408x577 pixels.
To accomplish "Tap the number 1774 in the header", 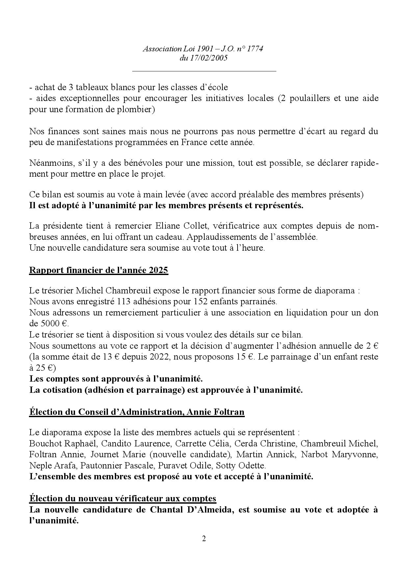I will pyautogui.click(x=255, y=49).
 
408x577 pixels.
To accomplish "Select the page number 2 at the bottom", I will pyautogui.click(x=204, y=539).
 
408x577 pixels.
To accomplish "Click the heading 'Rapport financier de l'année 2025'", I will pyautogui.click(x=99, y=270).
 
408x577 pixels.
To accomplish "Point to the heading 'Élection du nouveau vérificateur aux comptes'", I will pyautogui.click(x=123, y=498).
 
